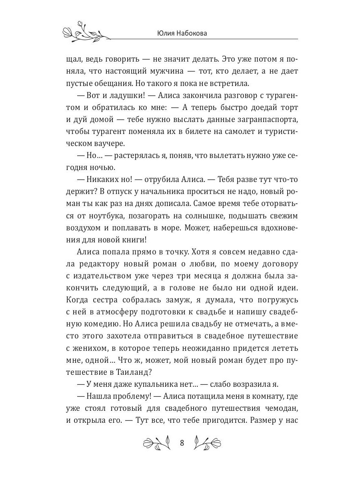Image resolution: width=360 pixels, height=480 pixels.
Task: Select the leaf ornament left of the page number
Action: (157, 443)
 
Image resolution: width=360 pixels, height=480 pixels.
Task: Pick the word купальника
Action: (139, 384)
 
